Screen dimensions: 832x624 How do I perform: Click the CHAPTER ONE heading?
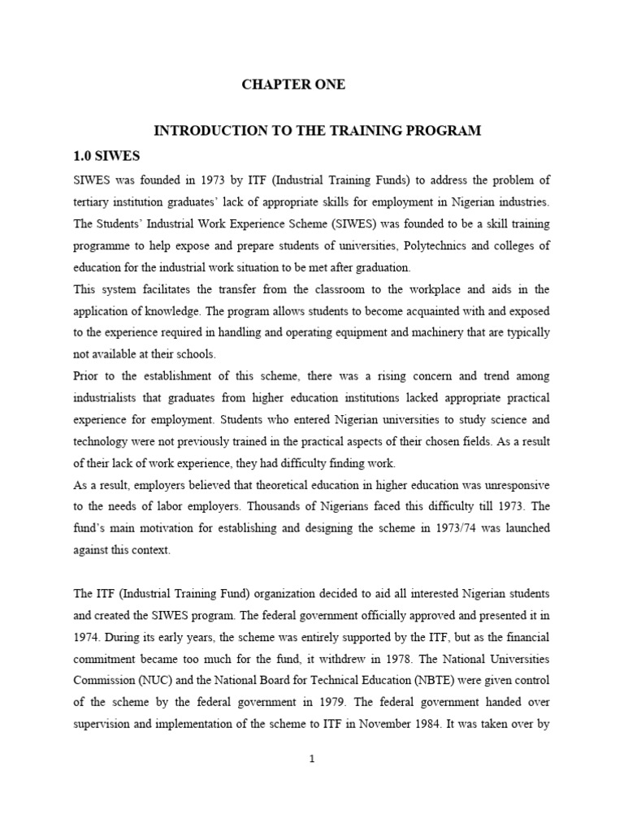click(293, 85)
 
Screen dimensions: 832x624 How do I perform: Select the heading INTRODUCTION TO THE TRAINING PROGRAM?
click(318, 130)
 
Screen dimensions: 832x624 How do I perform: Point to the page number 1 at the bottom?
click(311, 759)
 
